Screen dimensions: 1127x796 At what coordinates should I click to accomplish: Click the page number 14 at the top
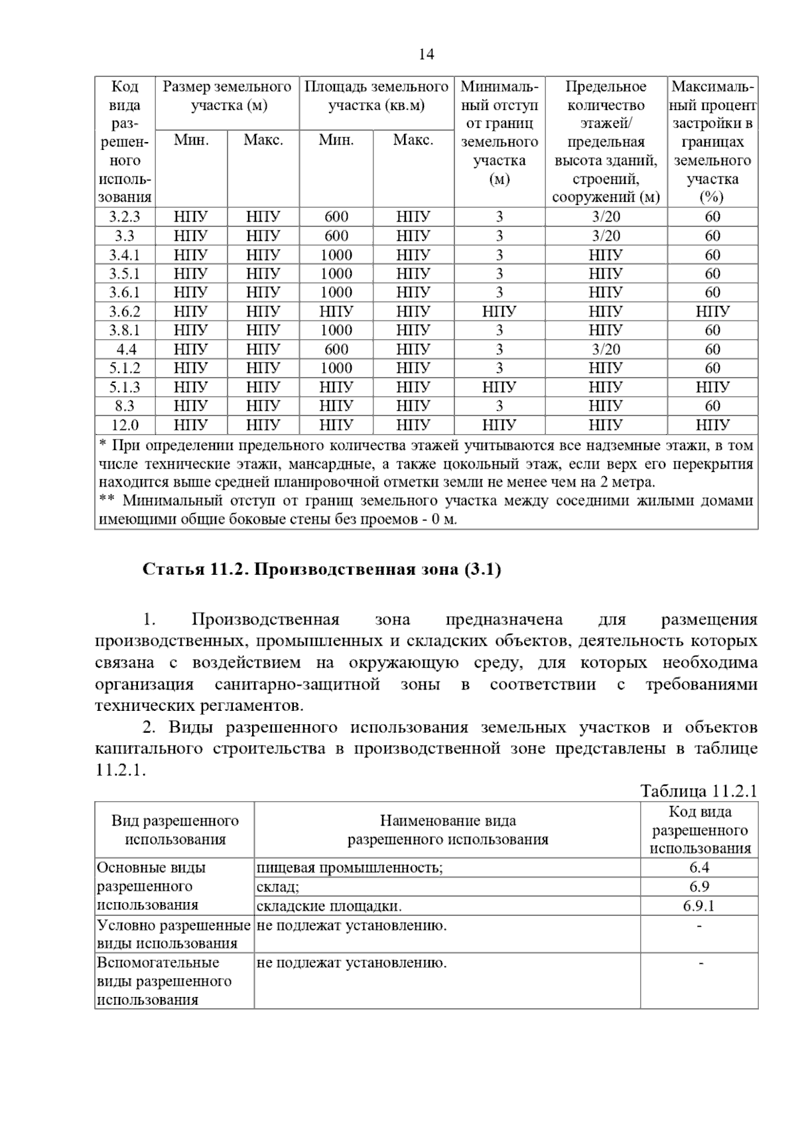(426, 54)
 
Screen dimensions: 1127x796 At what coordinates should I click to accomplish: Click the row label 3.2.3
(125, 217)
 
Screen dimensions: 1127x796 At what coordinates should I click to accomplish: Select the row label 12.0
(125, 425)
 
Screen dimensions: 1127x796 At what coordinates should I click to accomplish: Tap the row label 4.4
(125, 349)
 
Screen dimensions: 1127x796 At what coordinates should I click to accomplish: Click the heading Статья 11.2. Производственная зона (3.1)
(322, 569)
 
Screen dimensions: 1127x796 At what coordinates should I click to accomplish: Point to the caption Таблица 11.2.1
(698, 790)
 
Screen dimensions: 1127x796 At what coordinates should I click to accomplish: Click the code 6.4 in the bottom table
(699, 867)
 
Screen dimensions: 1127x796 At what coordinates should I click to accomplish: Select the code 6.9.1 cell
(699, 906)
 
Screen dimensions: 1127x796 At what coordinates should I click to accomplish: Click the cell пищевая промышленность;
(350, 867)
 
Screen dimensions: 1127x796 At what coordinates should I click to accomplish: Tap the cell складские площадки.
(329, 906)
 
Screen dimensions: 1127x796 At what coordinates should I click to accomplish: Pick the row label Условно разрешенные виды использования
(174, 934)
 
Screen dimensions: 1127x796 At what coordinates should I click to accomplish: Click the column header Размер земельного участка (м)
(227, 96)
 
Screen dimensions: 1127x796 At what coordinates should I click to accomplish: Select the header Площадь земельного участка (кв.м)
(376, 96)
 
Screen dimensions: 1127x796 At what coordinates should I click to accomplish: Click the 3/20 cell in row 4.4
(606, 349)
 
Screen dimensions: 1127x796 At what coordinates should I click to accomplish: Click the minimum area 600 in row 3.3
(336, 236)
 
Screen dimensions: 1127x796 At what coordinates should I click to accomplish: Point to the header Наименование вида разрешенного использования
(448, 830)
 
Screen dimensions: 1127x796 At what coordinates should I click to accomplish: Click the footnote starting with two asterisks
(426, 510)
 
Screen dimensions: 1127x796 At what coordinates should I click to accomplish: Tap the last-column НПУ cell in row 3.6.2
(712, 311)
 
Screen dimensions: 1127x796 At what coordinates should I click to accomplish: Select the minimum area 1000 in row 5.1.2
(336, 368)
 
